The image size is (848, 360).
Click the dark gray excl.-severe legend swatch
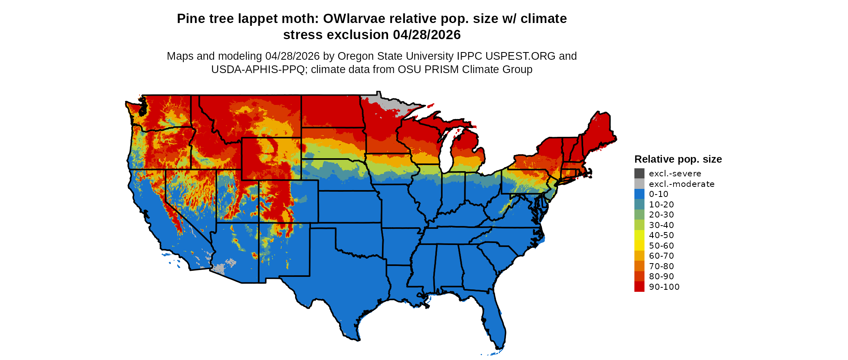coord(639,174)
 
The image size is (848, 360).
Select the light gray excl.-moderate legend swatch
coord(639,184)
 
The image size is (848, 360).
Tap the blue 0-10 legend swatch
coord(639,194)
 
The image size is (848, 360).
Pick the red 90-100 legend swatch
coord(639,287)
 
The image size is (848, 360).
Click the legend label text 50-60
coord(661,246)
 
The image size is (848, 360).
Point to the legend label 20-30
coord(661,215)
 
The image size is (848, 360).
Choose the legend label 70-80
coord(661,266)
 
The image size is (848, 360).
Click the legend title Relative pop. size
coord(678,159)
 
